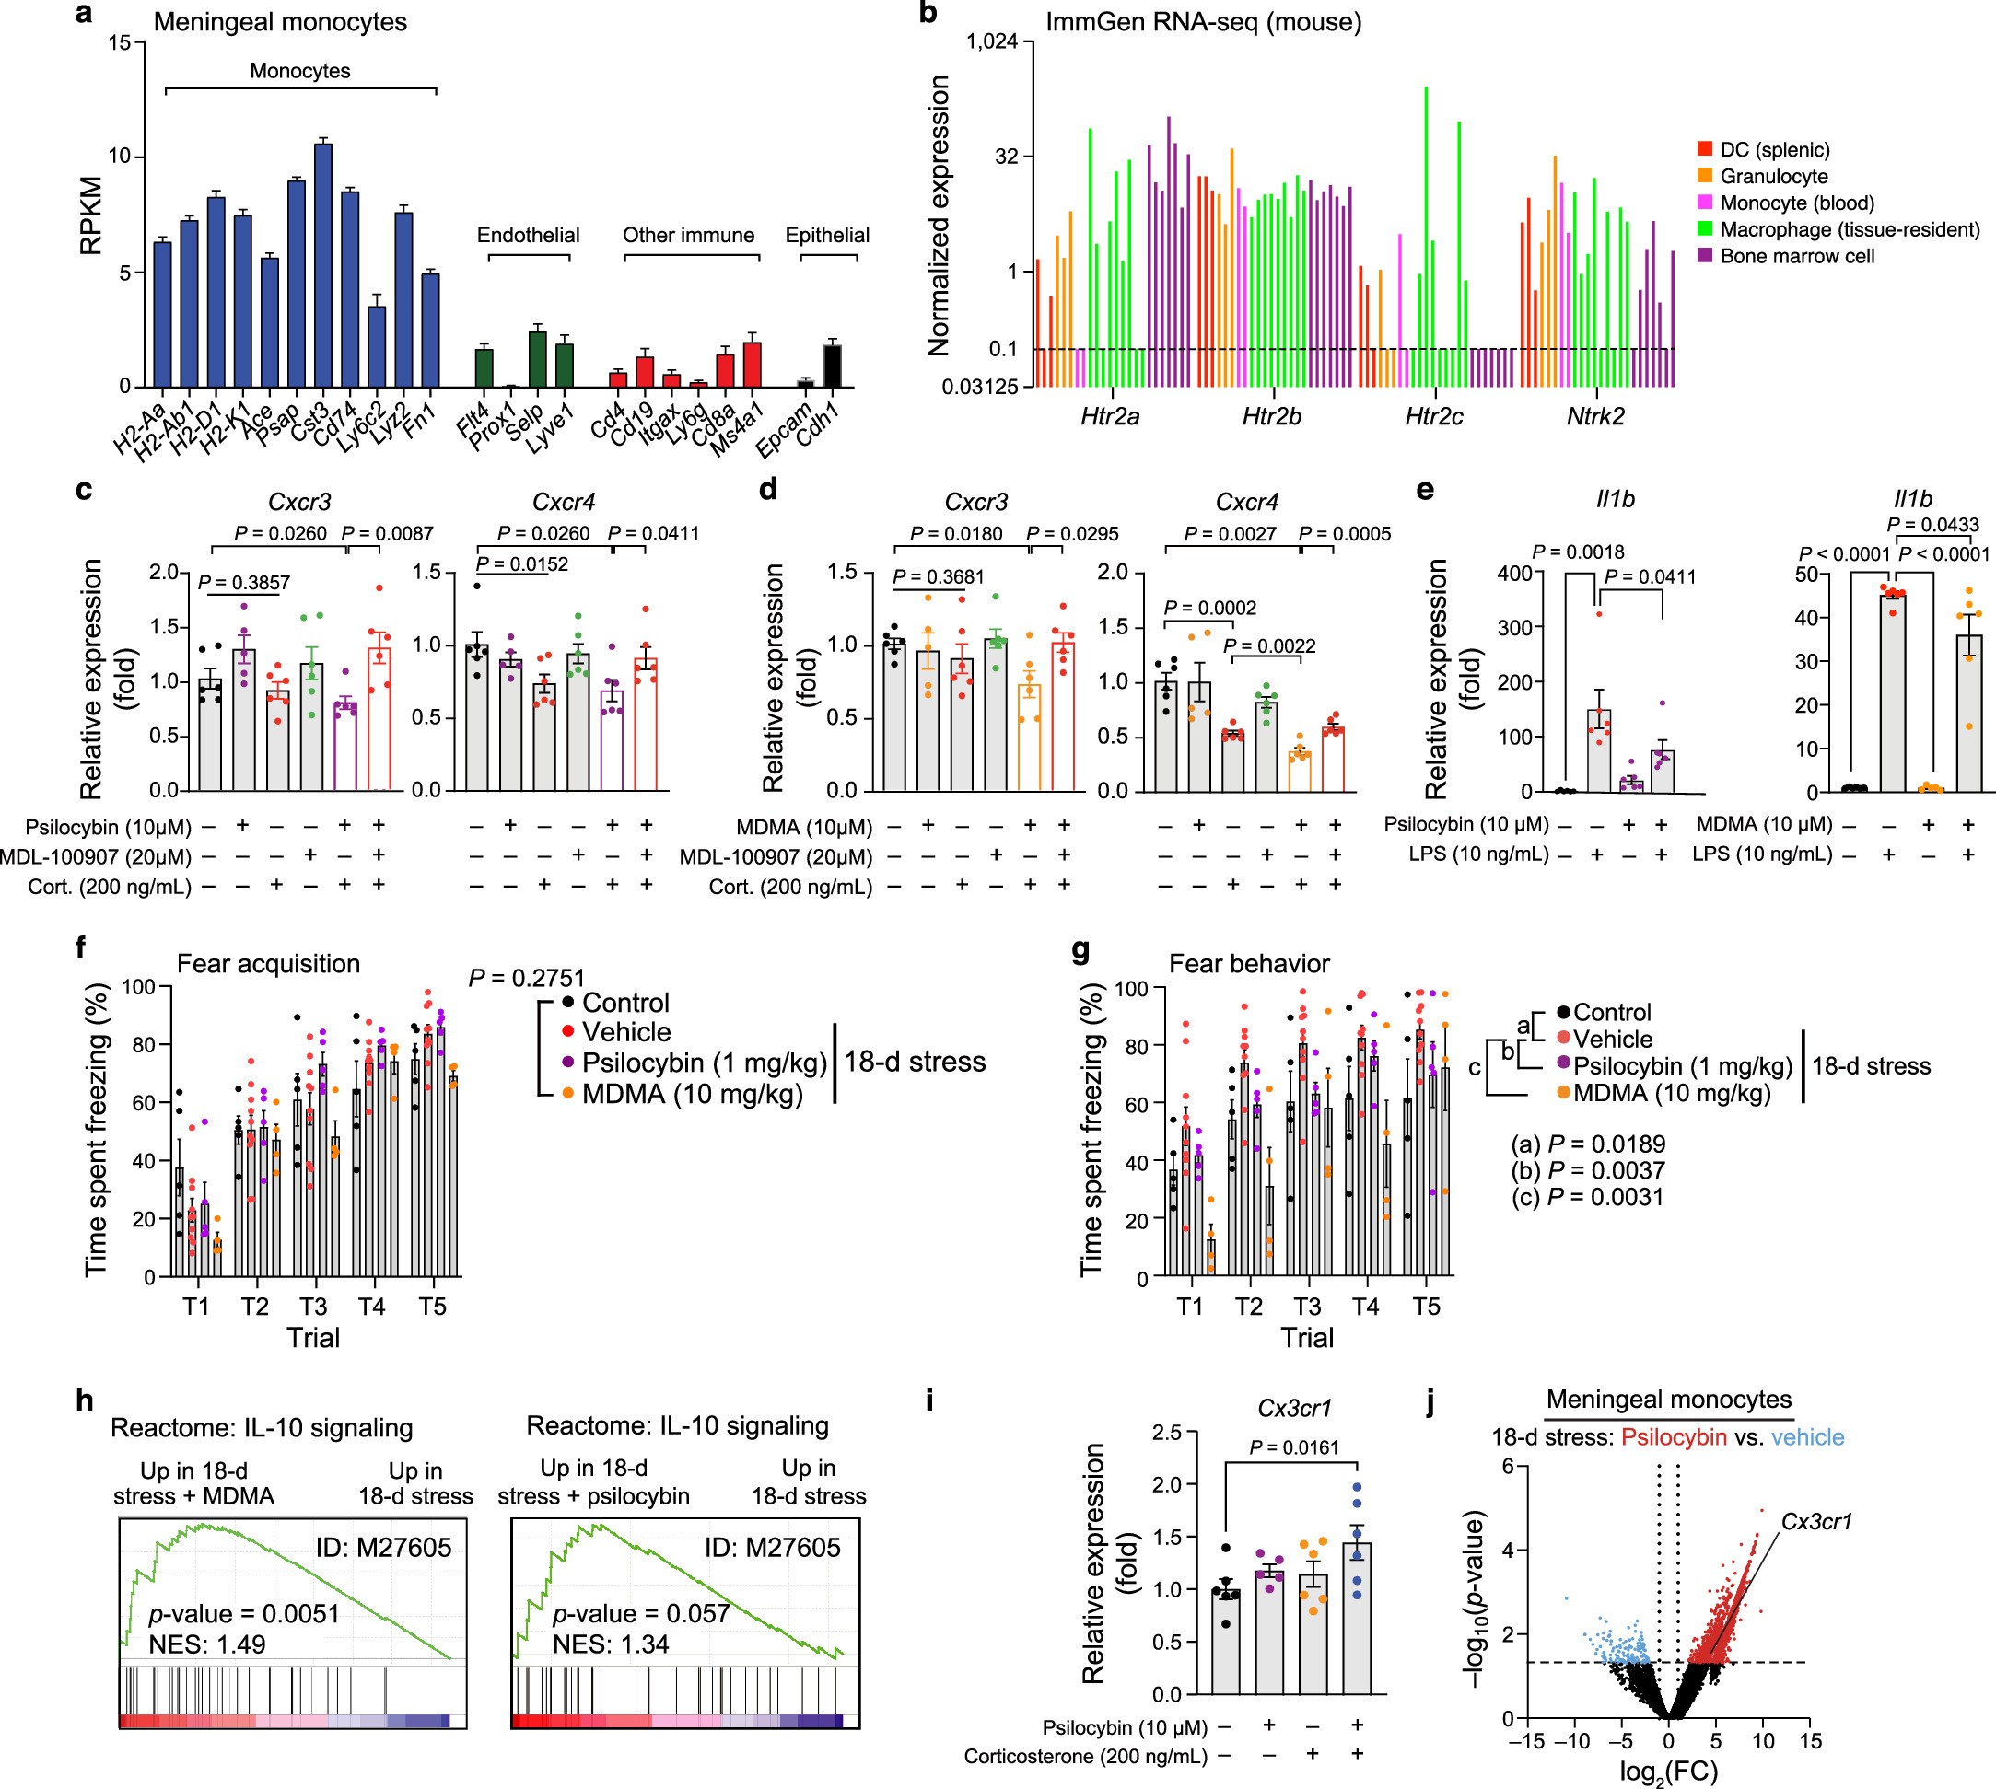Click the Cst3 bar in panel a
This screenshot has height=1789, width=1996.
coord(322,265)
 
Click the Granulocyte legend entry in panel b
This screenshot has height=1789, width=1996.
coord(1773,177)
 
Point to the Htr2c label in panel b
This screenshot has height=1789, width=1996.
coord(1432,417)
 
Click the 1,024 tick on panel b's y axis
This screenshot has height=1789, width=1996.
coord(998,42)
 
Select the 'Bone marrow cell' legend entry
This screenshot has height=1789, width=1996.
coord(1796,257)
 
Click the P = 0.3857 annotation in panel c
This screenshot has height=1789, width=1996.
coord(244,583)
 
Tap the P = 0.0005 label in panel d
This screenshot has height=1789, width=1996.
coord(1344,534)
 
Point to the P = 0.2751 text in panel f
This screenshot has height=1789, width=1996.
coord(526,978)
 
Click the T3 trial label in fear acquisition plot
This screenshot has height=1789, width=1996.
coord(312,1307)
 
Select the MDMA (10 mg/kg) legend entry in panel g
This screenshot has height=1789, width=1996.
coord(1671,1093)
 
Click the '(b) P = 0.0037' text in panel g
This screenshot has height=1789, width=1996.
coord(1587,1170)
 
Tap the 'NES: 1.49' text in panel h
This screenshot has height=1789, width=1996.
coord(206,1644)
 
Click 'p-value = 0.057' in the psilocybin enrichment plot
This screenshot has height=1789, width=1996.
coord(640,1614)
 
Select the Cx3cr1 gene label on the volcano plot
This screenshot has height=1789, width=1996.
coord(1816,1522)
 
